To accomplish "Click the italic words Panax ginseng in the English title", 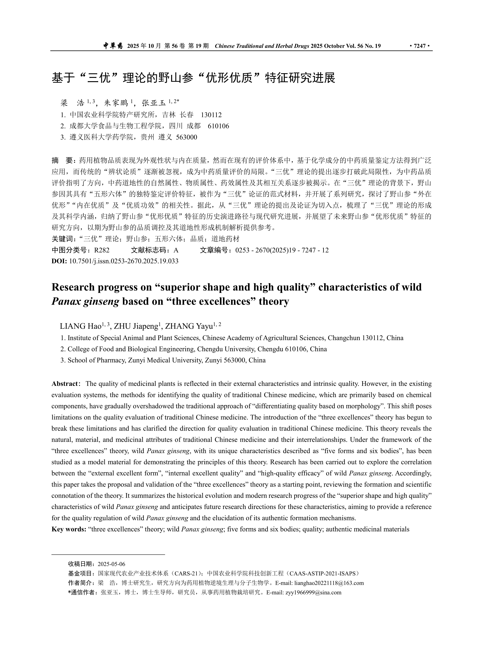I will tap(85, 301).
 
